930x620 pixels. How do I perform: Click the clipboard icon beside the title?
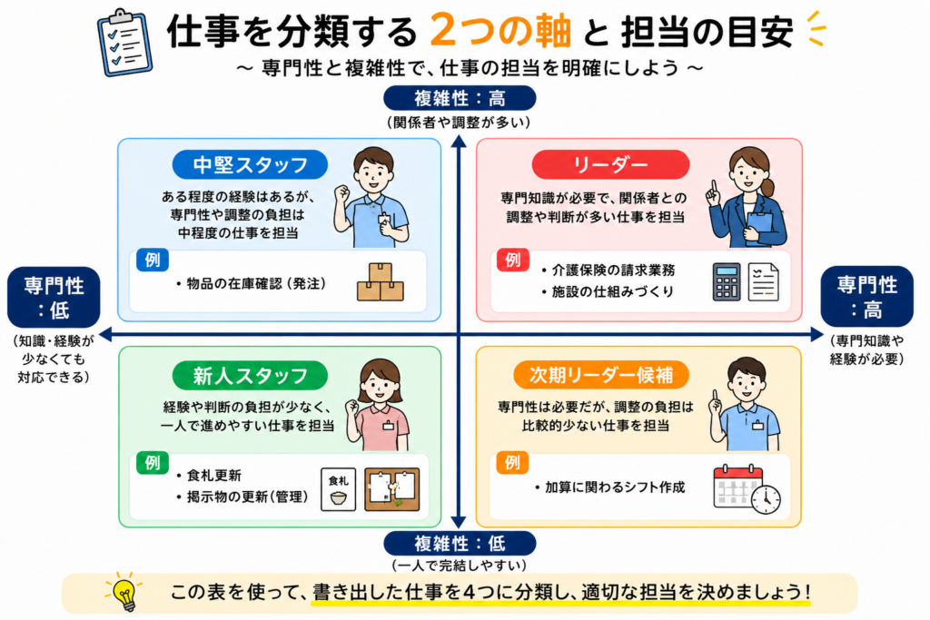(x=124, y=43)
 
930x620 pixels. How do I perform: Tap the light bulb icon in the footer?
(x=124, y=592)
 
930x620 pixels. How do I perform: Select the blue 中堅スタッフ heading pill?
(x=250, y=164)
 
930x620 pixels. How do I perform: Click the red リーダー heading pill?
(x=610, y=164)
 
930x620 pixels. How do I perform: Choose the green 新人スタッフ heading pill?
(x=250, y=375)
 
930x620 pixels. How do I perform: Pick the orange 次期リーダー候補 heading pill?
(x=601, y=375)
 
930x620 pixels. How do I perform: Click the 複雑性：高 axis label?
(x=460, y=98)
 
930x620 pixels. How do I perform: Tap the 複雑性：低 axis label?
(x=460, y=544)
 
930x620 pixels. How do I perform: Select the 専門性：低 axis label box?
(x=54, y=298)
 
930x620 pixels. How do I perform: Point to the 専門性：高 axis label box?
(x=866, y=296)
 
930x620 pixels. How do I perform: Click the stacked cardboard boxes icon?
(x=381, y=282)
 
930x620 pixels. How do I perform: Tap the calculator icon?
(x=727, y=282)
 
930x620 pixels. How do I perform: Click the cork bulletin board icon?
(x=392, y=489)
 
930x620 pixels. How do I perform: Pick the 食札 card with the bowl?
(x=338, y=489)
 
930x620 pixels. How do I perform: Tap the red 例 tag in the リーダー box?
(x=512, y=260)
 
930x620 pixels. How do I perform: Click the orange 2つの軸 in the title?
(x=500, y=31)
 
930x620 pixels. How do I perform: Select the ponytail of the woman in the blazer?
(x=768, y=188)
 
